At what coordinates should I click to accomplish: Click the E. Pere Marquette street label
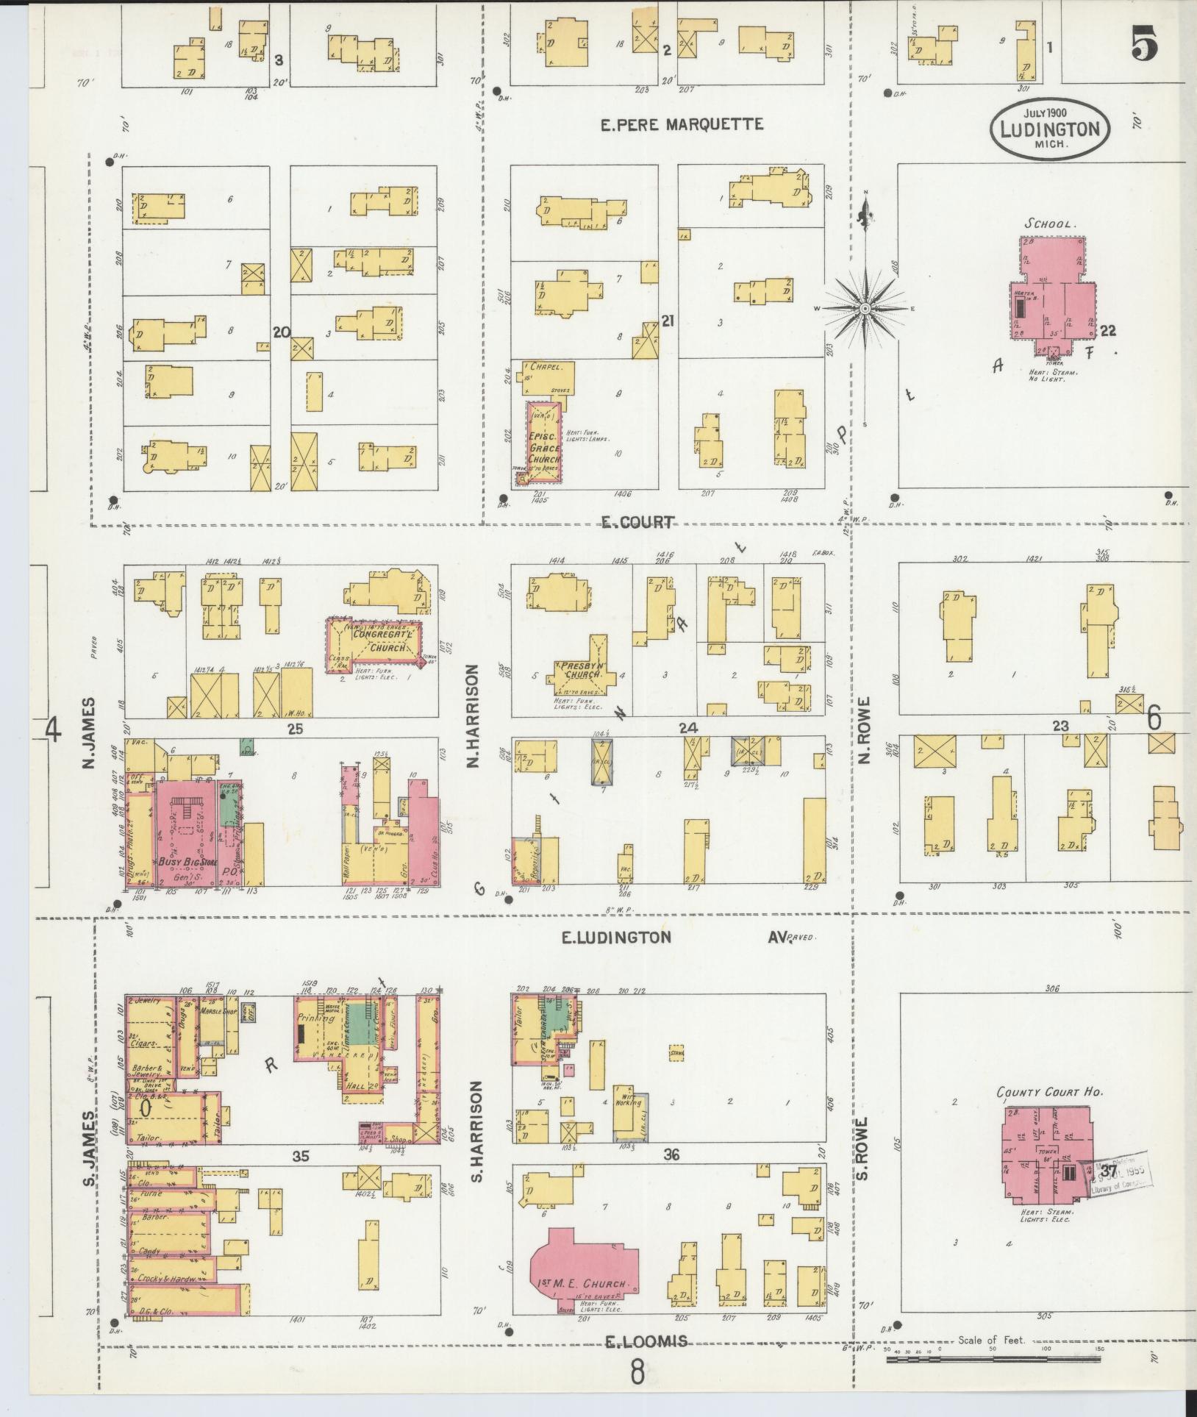pos(682,124)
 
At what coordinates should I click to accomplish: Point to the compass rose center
pos(865,309)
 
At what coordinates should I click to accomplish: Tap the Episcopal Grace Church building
pos(543,441)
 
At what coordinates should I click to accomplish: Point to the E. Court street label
pos(637,522)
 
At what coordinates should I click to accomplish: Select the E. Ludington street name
pos(616,937)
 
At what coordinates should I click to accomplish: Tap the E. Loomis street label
pos(646,1341)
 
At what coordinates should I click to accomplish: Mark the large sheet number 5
pos(1146,46)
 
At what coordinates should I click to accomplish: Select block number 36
pos(671,1155)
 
